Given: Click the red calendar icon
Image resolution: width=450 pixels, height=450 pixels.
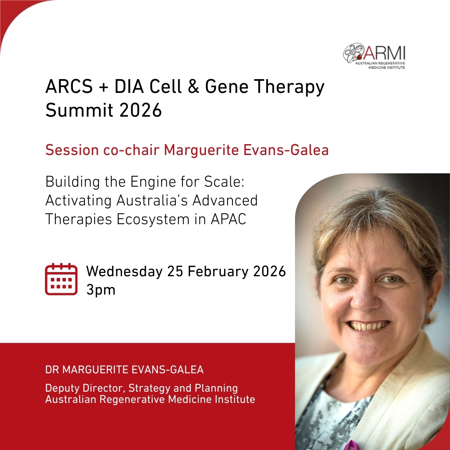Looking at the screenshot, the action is tap(61, 279).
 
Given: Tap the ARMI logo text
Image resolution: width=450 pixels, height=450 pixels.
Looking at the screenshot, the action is tap(385, 53).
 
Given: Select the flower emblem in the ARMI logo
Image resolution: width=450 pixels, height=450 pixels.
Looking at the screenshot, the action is tap(354, 53).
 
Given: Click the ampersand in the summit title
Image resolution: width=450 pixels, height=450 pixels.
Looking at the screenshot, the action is tap(194, 86).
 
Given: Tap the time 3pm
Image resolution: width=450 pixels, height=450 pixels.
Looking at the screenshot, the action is tap(101, 290).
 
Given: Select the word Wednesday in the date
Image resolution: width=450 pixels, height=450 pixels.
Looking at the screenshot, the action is tap(125, 271).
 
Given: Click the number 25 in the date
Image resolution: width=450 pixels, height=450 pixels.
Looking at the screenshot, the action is tap(175, 272).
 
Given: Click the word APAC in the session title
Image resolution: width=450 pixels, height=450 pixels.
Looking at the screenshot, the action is tap(228, 219).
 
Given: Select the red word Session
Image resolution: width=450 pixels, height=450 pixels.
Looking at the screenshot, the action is tap(72, 150).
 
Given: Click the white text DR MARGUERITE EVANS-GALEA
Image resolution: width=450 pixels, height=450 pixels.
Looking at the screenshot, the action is tap(124, 370).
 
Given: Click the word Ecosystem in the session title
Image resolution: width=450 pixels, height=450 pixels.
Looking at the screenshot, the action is tap(153, 220).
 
